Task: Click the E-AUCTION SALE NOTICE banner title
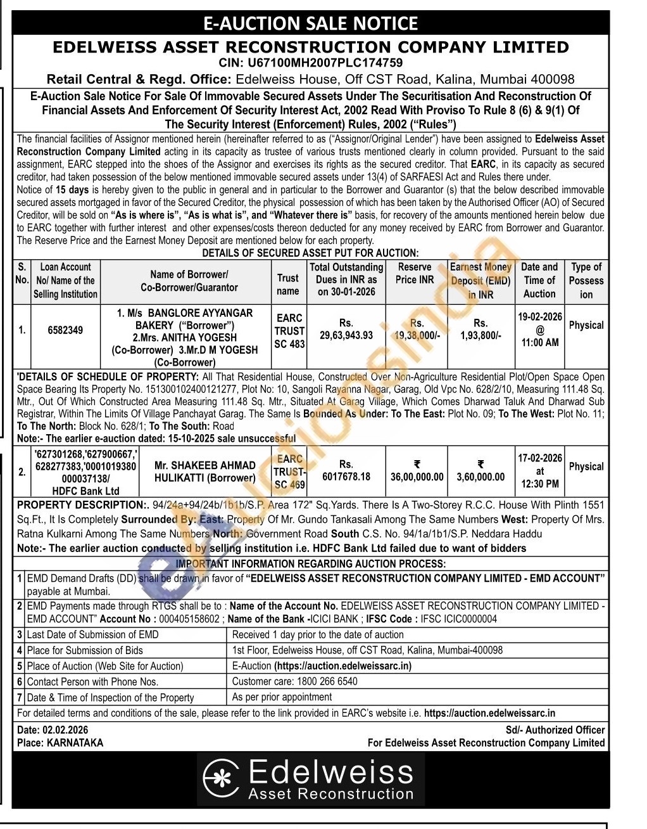pyautogui.click(x=310, y=23)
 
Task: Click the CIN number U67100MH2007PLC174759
pyautogui.click(x=310, y=63)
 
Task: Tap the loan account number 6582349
pyautogui.click(x=65, y=330)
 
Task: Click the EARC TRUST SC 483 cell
pyautogui.click(x=289, y=331)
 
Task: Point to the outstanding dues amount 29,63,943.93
pyautogui.click(x=346, y=335)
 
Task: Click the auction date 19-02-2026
pyautogui.click(x=539, y=317)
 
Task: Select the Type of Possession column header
pyautogui.click(x=586, y=280)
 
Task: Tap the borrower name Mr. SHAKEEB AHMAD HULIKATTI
pyautogui.click(x=205, y=472)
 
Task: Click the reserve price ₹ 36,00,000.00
pyautogui.click(x=416, y=477)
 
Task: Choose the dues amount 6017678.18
pyautogui.click(x=346, y=477)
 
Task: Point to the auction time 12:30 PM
pyautogui.click(x=540, y=484)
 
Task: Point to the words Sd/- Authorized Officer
pyautogui.click(x=555, y=730)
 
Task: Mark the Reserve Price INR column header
pyautogui.click(x=415, y=273)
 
